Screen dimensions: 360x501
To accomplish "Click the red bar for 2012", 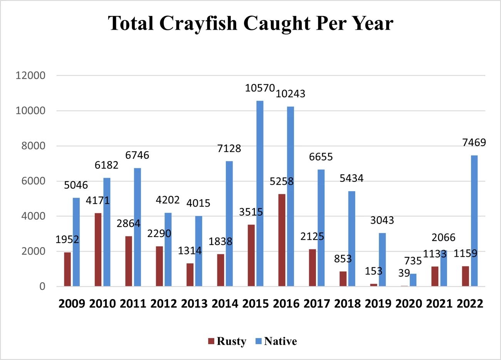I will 160,266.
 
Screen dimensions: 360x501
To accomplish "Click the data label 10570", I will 260,88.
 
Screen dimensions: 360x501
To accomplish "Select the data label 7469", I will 474,143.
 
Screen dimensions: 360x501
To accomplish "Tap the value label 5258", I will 281,181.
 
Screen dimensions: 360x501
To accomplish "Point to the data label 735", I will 413,261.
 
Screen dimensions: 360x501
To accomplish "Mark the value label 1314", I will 190,251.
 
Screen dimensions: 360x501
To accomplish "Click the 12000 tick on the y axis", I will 30,76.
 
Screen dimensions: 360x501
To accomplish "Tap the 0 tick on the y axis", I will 42,287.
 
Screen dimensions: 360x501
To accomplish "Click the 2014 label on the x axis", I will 225,304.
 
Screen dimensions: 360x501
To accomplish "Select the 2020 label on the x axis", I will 409,304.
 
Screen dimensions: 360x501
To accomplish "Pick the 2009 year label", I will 72,304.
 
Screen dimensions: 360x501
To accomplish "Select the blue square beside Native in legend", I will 259,341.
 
